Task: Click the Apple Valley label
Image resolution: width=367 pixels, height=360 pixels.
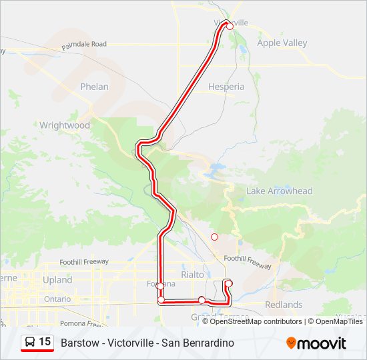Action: [282, 43]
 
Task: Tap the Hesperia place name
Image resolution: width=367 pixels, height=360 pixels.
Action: [226, 87]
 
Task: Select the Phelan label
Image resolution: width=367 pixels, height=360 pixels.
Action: [94, 87]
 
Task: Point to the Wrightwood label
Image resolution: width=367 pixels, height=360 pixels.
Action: [65, 125]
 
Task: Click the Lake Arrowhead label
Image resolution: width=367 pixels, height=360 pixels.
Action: [279, 191]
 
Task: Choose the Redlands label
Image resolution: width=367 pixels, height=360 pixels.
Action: [283, 305]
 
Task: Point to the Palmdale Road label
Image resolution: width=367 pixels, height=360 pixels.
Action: [84, 44]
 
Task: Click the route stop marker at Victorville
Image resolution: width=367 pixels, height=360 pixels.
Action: [230, 26]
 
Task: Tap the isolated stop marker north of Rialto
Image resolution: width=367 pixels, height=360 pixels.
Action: [214, 237]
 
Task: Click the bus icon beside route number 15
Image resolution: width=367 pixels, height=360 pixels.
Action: [31, 343]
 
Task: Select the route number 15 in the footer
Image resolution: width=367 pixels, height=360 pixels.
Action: [45, 342]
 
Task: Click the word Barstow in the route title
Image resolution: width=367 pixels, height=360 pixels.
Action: [77, 343]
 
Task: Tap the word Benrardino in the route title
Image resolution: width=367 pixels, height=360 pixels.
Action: [212, 343]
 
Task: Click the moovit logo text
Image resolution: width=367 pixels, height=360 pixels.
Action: [323, 343]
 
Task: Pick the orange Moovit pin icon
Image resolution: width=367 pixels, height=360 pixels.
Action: [291, 343]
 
